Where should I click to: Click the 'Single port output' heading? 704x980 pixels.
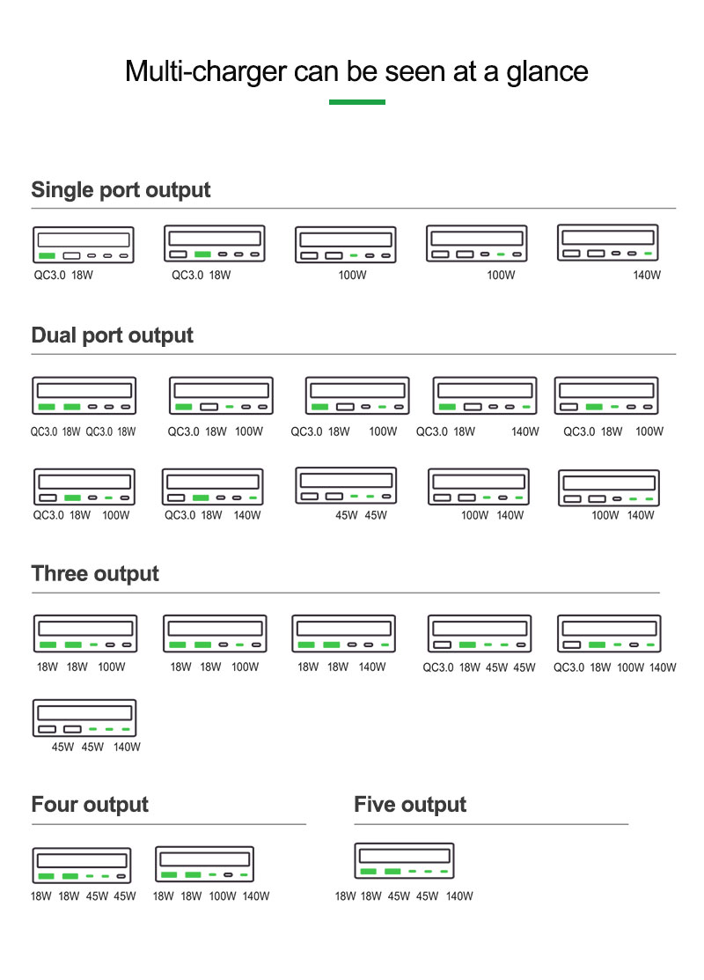pyautogui.click(x=121, y=190)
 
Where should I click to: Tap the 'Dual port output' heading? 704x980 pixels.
pyautogui.click(x=113, y=335)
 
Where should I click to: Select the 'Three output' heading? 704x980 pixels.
pyautogui.click(x=95, y=574)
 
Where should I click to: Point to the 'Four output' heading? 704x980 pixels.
pyautogui.click(x=90, y=805)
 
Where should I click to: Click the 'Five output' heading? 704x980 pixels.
pyautogui.click(x=410, y=805)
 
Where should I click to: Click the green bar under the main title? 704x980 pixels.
pyautogui.click(x=357, y=102)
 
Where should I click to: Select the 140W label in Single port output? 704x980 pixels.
pyautogui.click(x=647, y=275)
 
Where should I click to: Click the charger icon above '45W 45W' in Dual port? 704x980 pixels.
pyautogui.click(x=346, y=486)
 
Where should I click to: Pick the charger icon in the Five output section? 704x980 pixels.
pyautogui.click(x=404, y=860)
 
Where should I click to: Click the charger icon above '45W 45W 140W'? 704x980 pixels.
pyautogui.click(x=84, y=718)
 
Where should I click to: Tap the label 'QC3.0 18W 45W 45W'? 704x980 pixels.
pyautogui.click(x=479, y=667)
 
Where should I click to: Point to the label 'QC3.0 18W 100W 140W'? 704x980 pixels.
pyautogui.click(x=614, y=667)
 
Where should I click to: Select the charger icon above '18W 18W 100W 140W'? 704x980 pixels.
pyautogui.click(x=204, y=865)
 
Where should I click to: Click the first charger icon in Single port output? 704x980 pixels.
pyautogui.click(x=83, y=245)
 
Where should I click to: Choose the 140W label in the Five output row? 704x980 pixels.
pyautogui.click(x=459, y=896)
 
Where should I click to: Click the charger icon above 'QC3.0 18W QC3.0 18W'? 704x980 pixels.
pyautogui.click(x=84, y=395)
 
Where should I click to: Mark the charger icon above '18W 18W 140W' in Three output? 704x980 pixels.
pyautogui.click(x=343, y=634)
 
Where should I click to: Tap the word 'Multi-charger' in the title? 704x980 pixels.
pyautogui.click(x=206, y=71)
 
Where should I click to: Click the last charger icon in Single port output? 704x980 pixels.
pyautogui.click(x=608, y=242)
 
